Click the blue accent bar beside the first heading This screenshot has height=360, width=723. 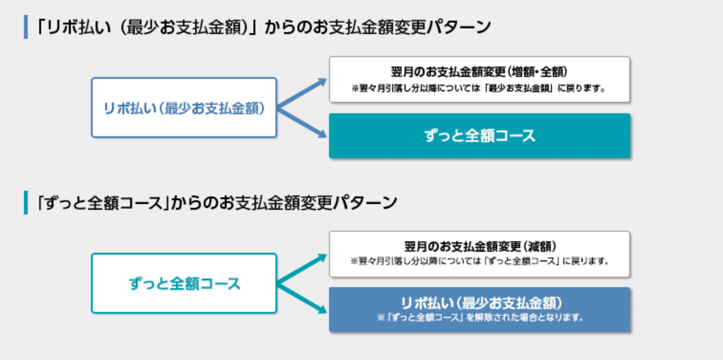pos(26,27)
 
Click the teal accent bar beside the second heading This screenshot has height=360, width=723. pos(26,203)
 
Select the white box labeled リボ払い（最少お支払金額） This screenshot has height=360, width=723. pos(184,108)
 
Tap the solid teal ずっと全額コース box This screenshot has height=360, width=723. pos(479,136)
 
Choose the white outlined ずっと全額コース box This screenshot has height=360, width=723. pos(184,283)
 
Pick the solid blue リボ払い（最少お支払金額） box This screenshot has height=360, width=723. pos(479,310)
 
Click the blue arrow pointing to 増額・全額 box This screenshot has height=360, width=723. pos(302,94)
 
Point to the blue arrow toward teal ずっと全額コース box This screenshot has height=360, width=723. pos(302,122)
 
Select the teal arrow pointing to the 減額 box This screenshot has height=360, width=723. pos(302,269)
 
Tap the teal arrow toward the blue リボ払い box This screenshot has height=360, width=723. pos(302,298)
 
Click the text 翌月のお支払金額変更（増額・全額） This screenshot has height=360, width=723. pos(479,73)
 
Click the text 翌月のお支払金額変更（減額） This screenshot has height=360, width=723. pos(479,247)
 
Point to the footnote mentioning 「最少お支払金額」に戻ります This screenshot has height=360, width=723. pos(479,88)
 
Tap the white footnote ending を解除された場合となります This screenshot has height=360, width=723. pos(479,317)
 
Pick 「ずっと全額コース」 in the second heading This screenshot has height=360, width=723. pos(104,203)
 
